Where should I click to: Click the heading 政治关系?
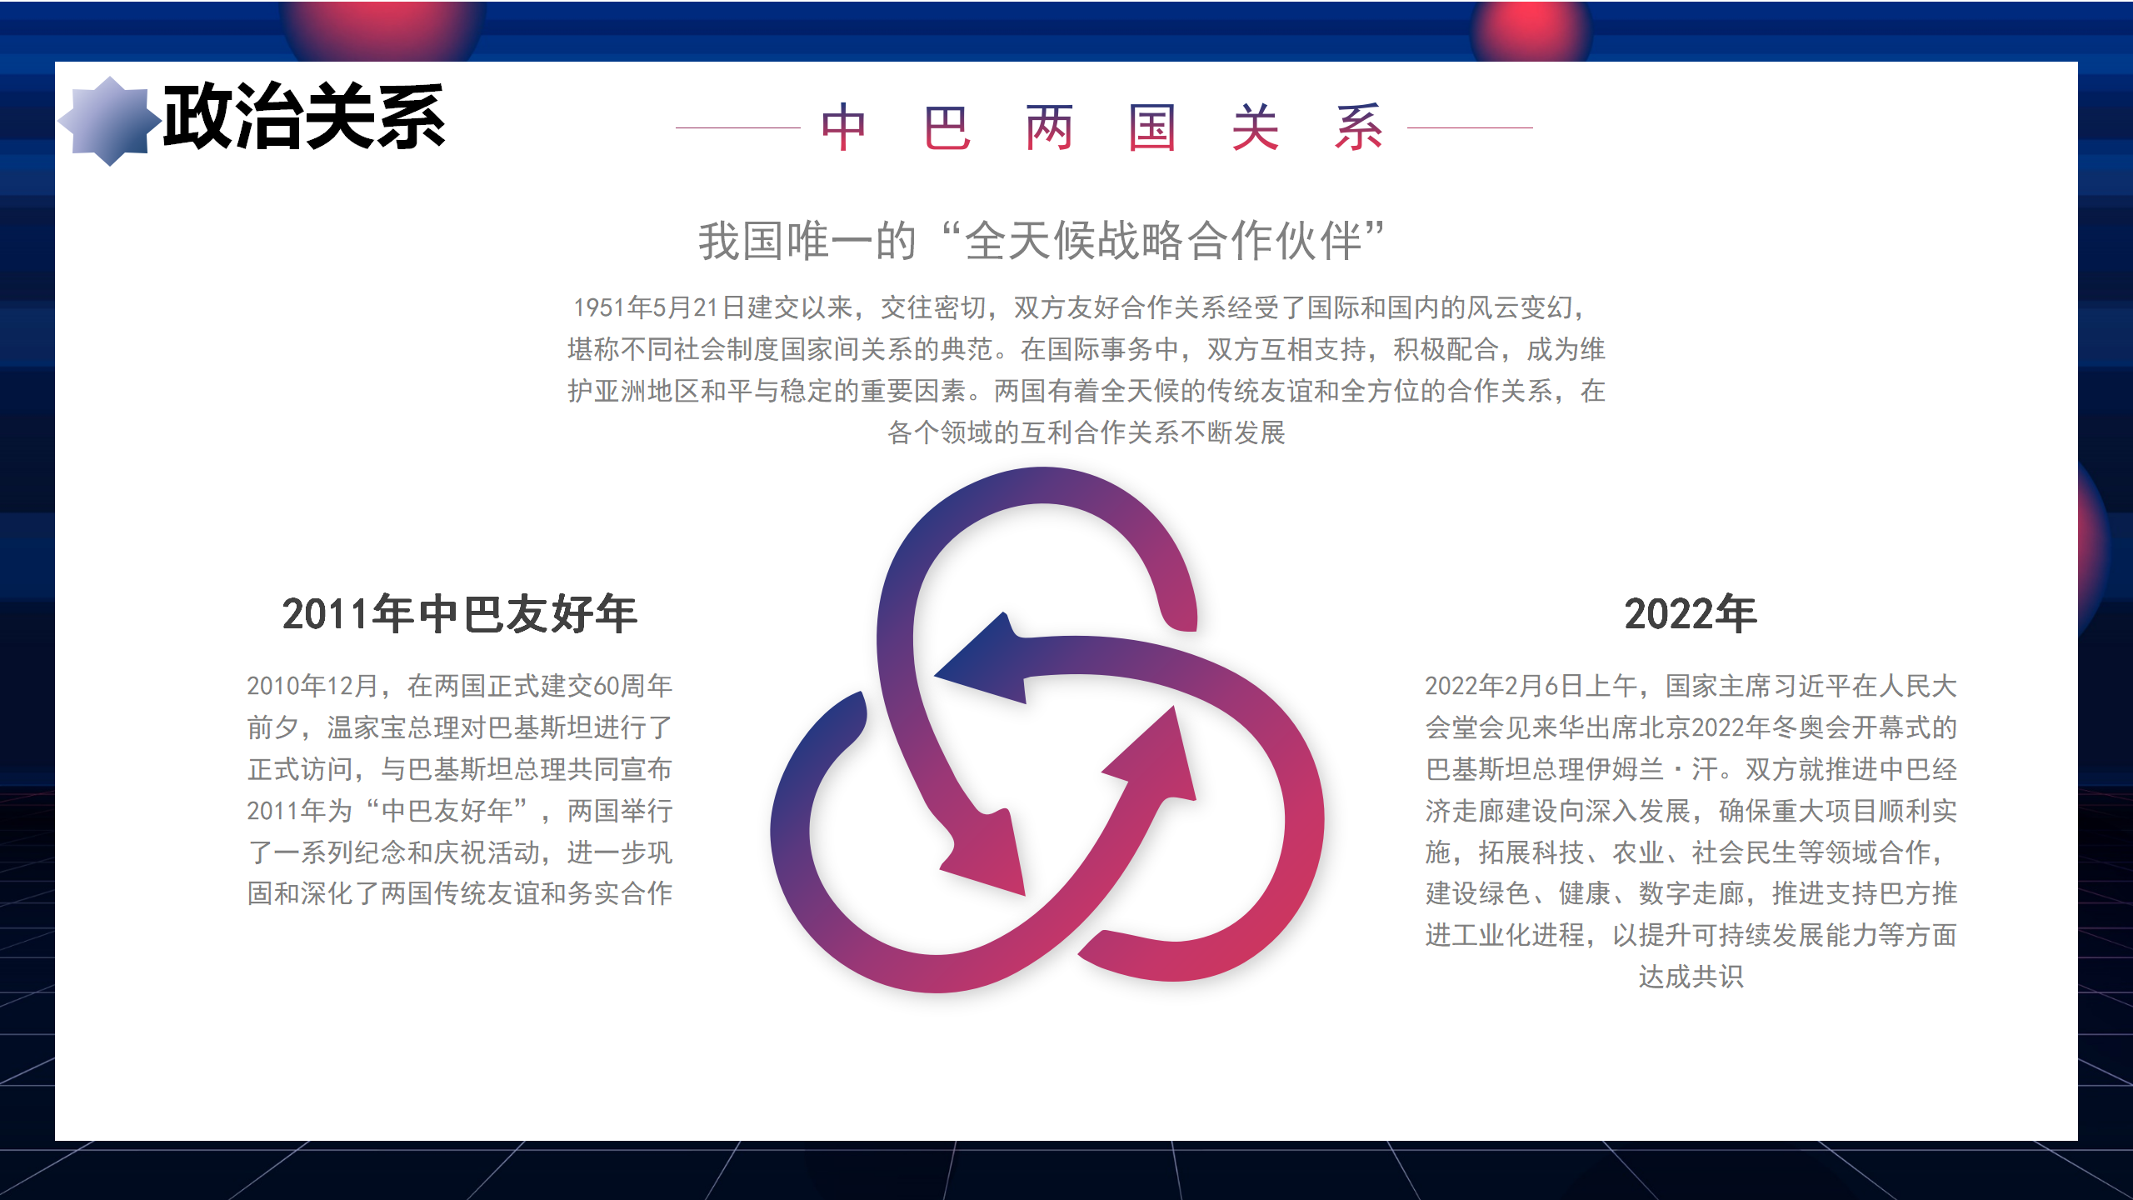304,117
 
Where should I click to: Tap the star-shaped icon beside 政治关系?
109,122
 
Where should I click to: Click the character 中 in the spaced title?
843,127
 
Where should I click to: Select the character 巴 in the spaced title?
947,127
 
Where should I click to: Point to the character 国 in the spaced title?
1152,127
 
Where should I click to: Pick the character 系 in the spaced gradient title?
1359,127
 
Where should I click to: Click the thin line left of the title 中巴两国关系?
737,127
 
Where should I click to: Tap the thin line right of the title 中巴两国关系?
1470,127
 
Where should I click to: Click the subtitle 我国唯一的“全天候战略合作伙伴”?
1042,241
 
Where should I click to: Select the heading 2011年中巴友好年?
460,614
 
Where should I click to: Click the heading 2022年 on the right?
1691,614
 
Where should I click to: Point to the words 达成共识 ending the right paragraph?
1691,977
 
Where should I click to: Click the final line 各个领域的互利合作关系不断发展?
1086,432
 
